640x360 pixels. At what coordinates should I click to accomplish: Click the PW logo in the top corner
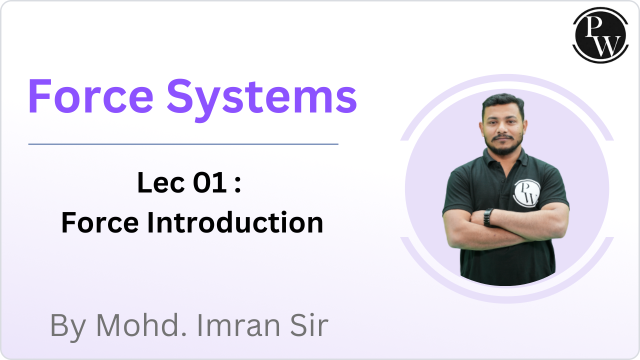pyautogui.click(x=600, y=35)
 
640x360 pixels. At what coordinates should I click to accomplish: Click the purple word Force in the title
pyautogui.click(x=91, y=96)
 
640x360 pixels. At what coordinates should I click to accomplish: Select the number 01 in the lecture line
pyautogui.click(x=209, y=182)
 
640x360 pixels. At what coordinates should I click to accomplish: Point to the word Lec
pyautogui.click(x=161, y=182)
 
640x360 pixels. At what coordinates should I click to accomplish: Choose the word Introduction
pyautogui.click(x=235, y=222)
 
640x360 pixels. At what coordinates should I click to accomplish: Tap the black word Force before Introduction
pyautogui.click(x=100, y=222)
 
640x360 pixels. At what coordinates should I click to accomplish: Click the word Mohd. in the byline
pyautogui.click(x=141, y=325)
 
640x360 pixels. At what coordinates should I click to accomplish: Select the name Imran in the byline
pyautogui.click(x=238, y=325)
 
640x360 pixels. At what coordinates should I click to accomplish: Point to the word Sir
pyautogui.click(x=309, y=325)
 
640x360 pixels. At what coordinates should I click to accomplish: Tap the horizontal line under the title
pyautogui.click(x=183, y=144)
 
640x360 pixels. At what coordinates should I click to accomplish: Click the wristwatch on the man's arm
pyautogui.click(x=488, y=217)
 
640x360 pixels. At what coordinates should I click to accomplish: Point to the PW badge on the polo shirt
pyautogui.click(x=526, y=193)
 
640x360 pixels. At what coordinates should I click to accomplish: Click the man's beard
pyautogui.click(x=503, y=145)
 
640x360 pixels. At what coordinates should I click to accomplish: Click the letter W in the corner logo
pyautogui.click(x=607, y=46)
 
